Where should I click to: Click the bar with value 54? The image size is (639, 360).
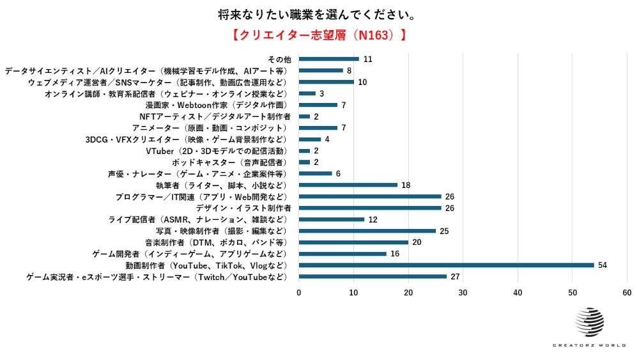point(446,265)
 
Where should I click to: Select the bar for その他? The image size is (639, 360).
point(328,59)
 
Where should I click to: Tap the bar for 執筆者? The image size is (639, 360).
point(348,185)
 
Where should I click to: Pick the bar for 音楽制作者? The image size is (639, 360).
point(353,242)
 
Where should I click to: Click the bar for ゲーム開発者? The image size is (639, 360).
point(343,254)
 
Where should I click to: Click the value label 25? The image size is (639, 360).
point(445,231)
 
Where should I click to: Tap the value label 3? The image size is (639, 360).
point(321,93)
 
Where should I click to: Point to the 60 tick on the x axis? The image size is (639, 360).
point(627,293)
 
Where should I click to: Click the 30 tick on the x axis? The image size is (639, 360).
point(463,293)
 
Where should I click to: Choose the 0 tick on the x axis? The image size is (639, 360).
point(298,293)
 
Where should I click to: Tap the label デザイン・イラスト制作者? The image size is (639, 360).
point(243,208)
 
